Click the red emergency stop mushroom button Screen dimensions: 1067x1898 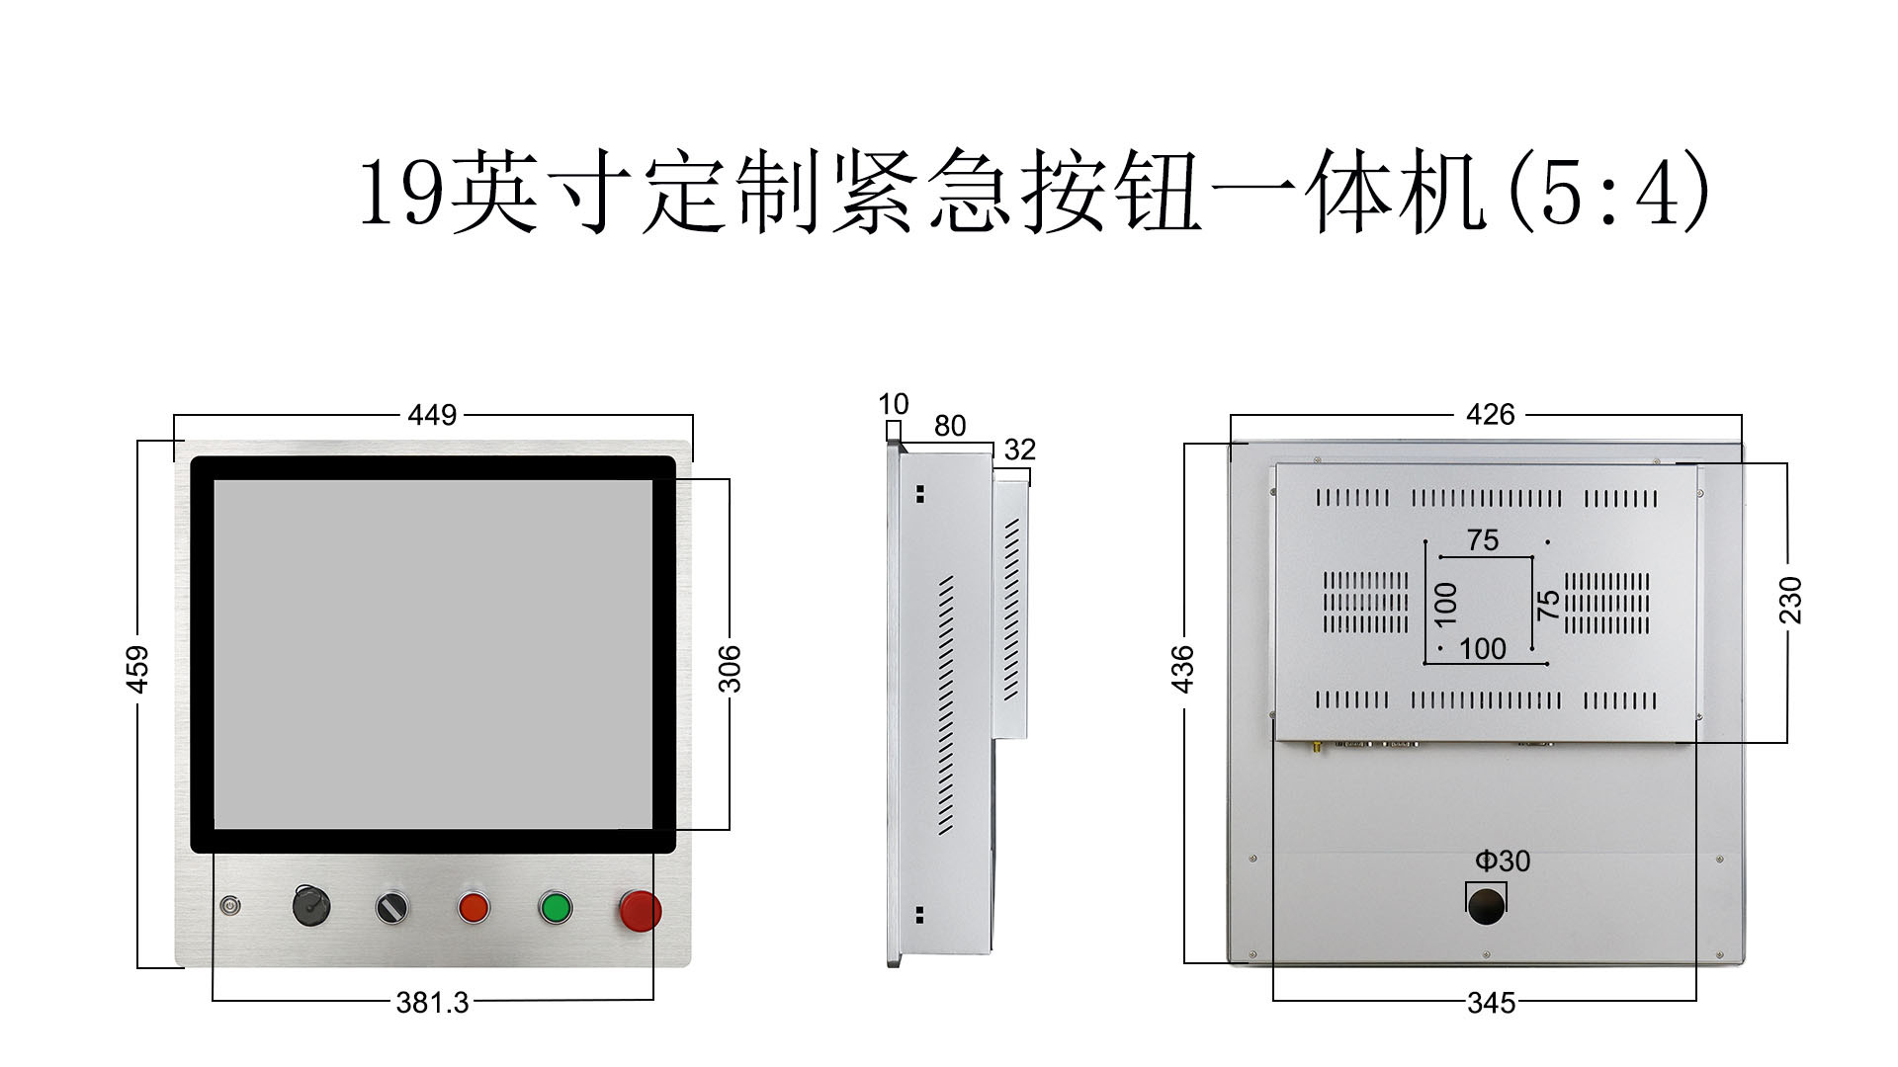(640, 910)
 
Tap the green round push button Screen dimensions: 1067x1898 (556, 907)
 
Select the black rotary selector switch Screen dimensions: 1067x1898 (392, 907)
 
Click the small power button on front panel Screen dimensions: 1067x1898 (230, 904)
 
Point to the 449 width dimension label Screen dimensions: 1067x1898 (432, 415)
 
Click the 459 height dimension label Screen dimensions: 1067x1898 (138, 669)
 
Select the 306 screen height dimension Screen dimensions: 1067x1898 (730, 669)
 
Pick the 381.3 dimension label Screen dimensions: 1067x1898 (432, 1003)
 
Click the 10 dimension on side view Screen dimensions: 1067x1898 (893, 404)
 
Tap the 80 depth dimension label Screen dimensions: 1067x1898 (949, 426)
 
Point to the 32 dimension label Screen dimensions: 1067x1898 (1019, 450)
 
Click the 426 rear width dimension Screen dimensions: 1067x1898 (1490, 415)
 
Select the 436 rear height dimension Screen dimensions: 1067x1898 (1182, 669)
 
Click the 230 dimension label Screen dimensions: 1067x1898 (1790, 600)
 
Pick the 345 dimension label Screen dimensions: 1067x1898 (1491, 1003)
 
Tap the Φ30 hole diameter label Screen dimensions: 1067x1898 (1502, 862)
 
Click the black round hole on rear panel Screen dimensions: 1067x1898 (1486, 904)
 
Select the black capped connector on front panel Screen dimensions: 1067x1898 (311, 905)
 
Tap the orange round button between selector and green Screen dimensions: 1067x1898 (474, 907)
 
